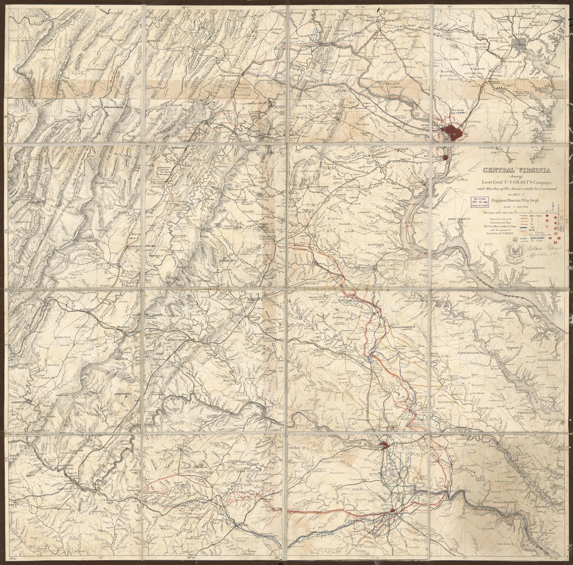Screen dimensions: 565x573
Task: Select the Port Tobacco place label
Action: tap(459, 219)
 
